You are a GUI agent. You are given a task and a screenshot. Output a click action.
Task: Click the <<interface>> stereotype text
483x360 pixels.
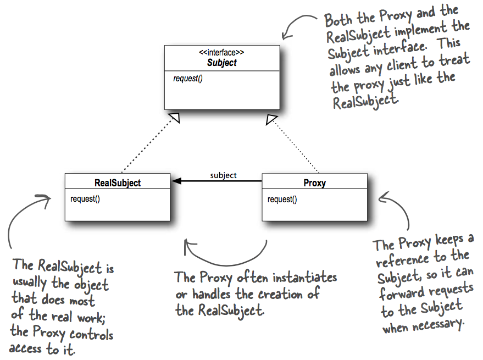coord(221,52)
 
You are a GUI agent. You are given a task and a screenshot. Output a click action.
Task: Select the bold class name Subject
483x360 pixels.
coord(222,63)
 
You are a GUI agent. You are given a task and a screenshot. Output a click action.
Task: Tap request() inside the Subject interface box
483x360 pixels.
coord(188,79)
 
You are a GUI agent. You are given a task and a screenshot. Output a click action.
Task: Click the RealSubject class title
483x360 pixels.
coord(118,183)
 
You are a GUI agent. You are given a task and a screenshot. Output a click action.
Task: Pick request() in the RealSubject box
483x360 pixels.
coord(85,199)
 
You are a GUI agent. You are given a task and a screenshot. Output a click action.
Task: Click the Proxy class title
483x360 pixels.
coord(314,183)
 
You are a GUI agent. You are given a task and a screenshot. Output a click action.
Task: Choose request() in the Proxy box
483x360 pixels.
coord(282,200)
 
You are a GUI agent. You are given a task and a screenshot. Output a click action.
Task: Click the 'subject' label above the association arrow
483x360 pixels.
coord(223,175)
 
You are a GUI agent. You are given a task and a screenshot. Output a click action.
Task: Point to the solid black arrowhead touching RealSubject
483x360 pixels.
coord(176,181)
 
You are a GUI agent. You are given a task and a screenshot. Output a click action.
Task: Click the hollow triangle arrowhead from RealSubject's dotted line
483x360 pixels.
coord(175,117)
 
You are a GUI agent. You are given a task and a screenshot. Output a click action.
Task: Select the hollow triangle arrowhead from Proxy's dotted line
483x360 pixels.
coord(271,119)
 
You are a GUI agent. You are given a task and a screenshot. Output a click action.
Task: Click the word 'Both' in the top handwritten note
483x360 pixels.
coord(338,20)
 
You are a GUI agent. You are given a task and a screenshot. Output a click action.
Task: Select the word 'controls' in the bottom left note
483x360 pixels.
coord(91,334)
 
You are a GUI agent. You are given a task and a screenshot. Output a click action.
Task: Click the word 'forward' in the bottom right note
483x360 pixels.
coord(402,293)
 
